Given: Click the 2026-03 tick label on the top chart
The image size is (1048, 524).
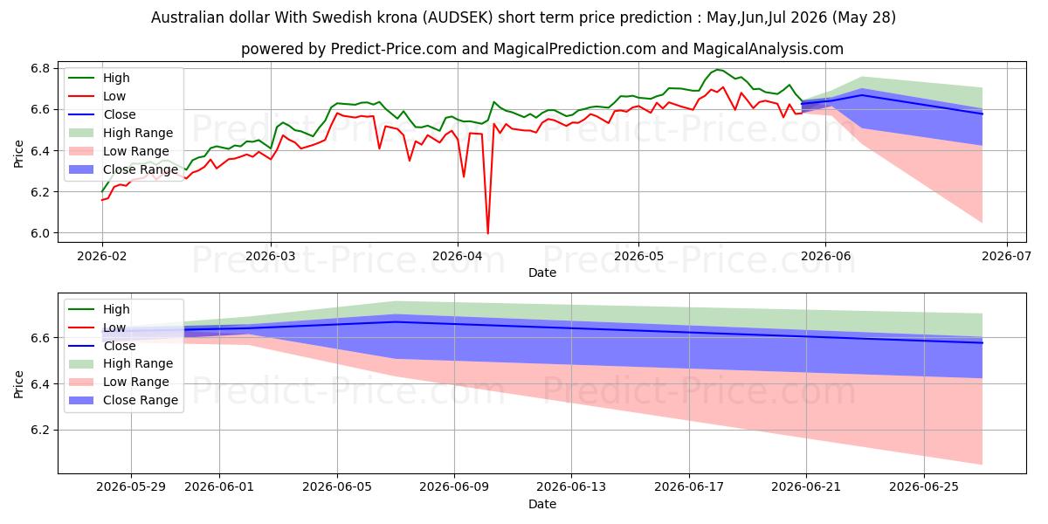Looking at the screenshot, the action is tap(271, 256).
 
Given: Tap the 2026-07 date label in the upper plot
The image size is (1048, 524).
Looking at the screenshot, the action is tap(1006, 256).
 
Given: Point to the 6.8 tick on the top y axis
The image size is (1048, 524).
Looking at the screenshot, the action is tap(40, 68).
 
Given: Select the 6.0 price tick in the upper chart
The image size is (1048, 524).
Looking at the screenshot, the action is tap(40, 233).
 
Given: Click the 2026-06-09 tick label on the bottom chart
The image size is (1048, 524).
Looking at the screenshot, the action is tap(454, 487).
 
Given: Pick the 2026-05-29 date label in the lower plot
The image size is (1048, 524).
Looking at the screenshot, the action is tap(131, 487).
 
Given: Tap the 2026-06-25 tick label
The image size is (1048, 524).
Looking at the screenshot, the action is tap(924, 487).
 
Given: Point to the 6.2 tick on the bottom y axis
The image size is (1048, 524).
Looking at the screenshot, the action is tap(40, 430).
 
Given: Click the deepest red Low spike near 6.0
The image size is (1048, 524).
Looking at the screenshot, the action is tap(488, 233).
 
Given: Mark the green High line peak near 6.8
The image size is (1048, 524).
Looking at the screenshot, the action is tap(718, 70).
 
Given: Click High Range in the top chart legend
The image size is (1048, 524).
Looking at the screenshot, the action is tap(138, 133).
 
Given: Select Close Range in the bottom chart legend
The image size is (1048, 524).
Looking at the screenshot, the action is tap(141, 400).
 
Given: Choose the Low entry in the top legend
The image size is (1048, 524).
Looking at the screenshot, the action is tap(114, 96).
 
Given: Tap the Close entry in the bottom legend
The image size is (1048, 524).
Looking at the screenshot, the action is tap(120, 346).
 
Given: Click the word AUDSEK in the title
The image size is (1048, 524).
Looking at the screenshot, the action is tap(458, 17).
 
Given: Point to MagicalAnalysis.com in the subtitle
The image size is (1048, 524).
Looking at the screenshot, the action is tap(769, 49).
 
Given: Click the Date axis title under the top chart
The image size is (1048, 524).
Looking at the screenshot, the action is tap(542, 272).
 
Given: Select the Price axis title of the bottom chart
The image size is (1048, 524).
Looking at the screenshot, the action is tap(18, 384).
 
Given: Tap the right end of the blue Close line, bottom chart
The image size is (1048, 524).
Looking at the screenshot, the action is tap(982, 343).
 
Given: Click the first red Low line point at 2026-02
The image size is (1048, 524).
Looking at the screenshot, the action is tap(102, 200).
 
